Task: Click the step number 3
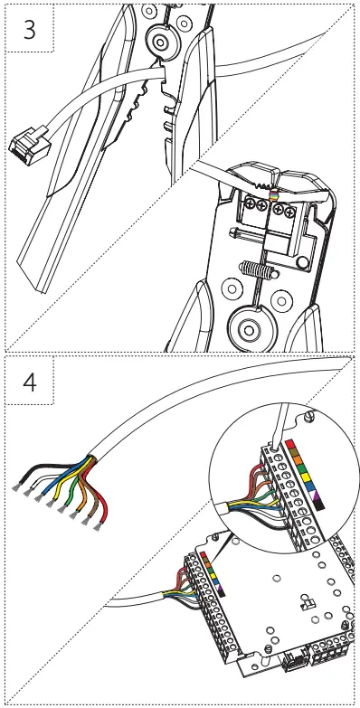pyautogui.click(x=30, y=28)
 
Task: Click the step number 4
pyautogui.click(x=30, y=382)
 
